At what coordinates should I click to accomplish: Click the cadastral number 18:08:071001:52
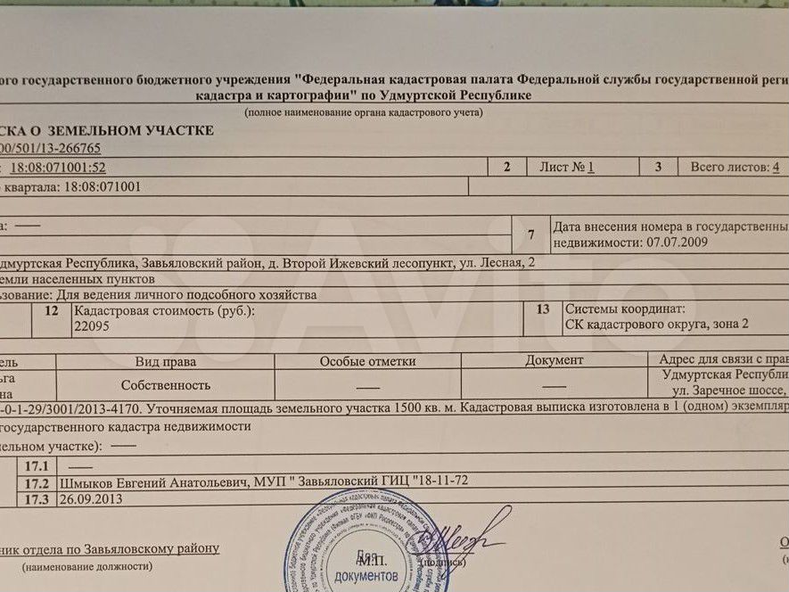58,168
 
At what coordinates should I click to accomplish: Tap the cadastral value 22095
92,327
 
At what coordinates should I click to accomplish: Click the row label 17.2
37,482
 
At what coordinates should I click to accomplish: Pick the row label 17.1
37,466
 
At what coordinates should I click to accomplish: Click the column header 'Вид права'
166,361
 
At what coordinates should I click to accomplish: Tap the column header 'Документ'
554,360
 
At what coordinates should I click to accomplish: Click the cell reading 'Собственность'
166,385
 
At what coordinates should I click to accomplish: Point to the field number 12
52,311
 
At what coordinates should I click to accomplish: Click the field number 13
541,310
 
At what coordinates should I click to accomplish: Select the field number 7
531,234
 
